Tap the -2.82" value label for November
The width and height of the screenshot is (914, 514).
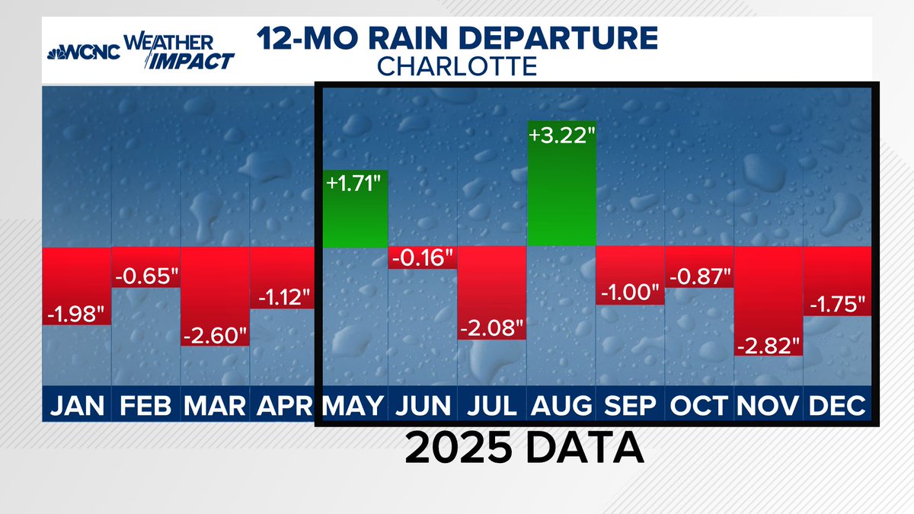(769, 344)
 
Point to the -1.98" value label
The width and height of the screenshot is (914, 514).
(76, 313)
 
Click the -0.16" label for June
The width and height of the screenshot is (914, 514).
(422, 257)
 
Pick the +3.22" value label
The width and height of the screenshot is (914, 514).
(561, 136)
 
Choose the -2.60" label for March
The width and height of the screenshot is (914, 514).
(215, 335)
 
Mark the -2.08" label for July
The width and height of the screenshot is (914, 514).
(491, 329)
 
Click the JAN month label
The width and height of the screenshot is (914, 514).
(76, 405)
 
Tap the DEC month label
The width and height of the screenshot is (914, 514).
(837, 405)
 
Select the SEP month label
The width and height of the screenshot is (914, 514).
(629, 405)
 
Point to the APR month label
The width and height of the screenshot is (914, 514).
(283, 405)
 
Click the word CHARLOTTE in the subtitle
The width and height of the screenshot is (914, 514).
(457, 66)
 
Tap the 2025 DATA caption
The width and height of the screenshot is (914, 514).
(524, 449)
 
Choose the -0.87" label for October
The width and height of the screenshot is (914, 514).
(699, 276)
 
